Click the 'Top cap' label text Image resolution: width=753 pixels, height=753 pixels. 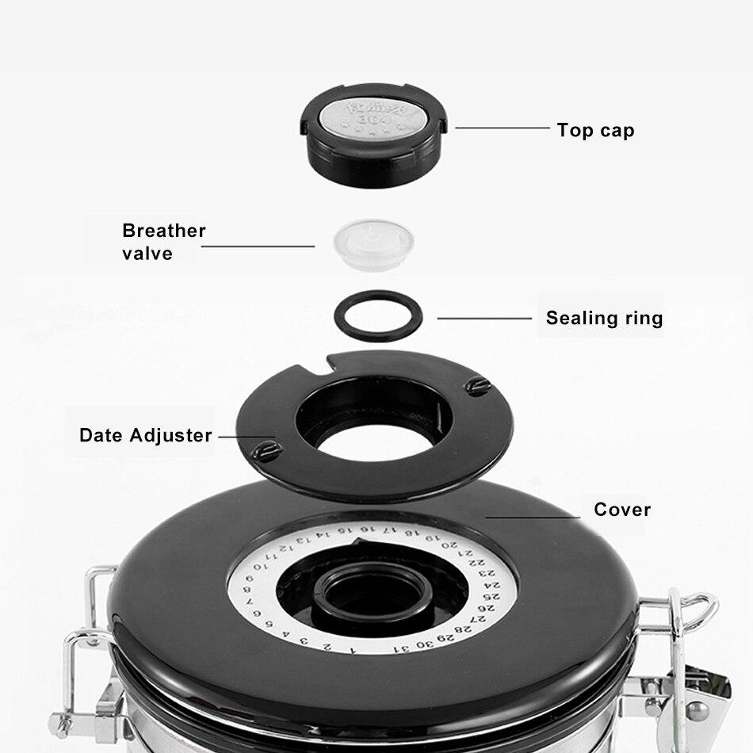[x=595, y=130]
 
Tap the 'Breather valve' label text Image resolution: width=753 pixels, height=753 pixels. [x=163, y=242]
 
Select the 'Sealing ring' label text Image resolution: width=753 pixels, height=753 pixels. [x=604, y=319]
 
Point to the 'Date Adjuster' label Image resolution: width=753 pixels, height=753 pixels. [x=146, y=435]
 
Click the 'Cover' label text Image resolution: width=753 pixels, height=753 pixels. [x=622, y=510]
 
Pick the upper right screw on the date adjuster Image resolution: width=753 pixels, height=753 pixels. [x=477, y=386]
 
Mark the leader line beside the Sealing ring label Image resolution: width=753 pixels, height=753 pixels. [x=484, y=319]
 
